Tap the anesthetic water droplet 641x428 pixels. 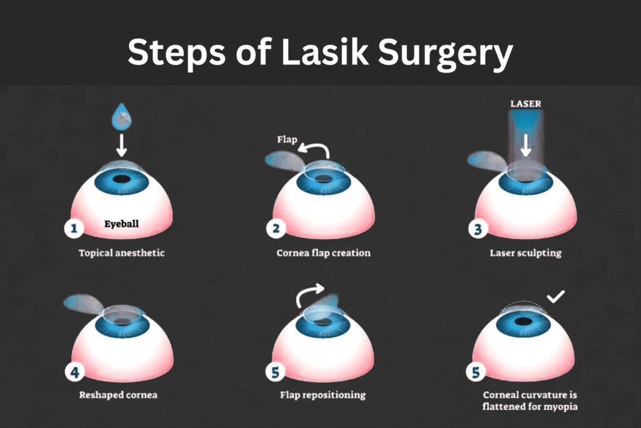point(121,117)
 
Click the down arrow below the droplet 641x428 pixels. point(122,145)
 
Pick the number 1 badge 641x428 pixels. point(74,229)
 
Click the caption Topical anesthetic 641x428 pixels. point(122,254)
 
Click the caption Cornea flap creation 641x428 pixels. point(324,254)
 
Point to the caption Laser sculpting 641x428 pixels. point(526,254)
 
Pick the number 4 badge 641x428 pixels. point(74,373)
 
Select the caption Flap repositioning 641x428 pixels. point(323,395)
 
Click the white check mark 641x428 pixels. point(556,295)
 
